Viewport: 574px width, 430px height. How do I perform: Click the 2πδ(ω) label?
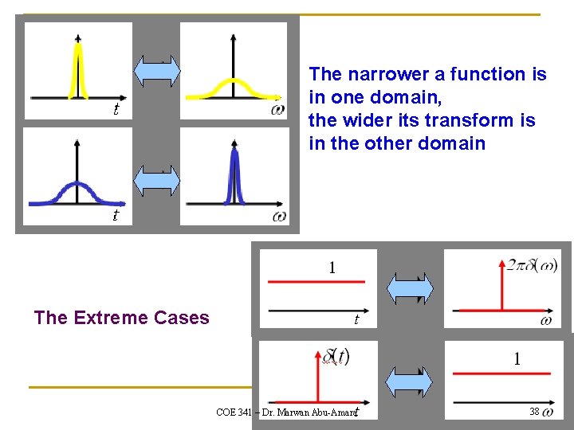tap(533, 264)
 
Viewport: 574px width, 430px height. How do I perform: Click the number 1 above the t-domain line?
tap(332, 268)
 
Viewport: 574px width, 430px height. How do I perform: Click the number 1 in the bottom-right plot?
tap(517, 359)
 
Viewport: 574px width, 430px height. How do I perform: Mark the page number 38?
tap(534, 412)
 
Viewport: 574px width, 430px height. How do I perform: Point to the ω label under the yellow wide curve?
tap(277, 110)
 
